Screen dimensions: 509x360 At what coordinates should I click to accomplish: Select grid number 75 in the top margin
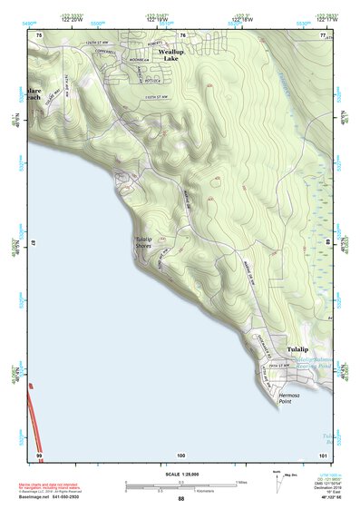click(x=40, y=34)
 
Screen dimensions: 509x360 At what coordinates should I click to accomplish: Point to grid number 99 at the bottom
click(x=40, y=454)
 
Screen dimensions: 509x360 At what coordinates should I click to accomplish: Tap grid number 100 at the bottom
click(x=180, y=454)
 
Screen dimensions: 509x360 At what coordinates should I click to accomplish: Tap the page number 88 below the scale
click(x=180, y=499)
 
